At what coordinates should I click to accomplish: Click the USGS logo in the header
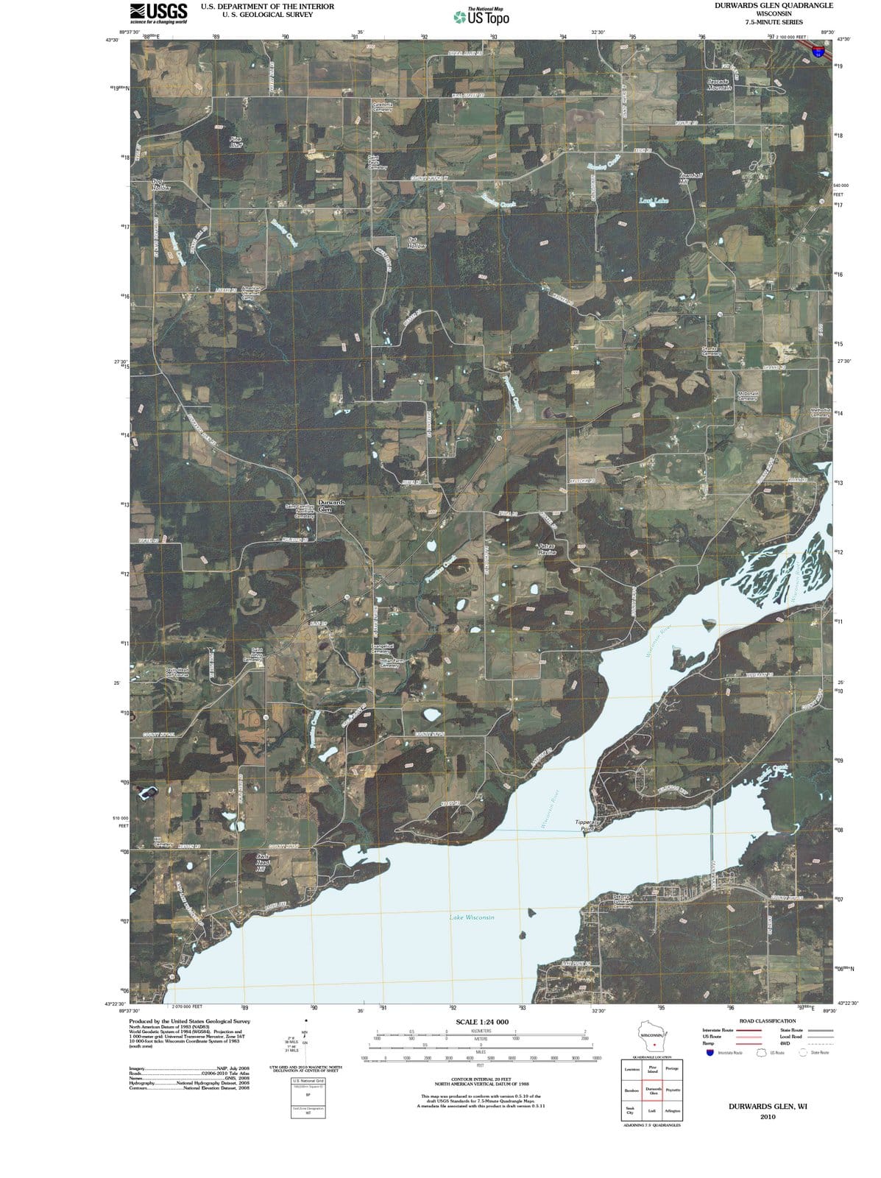point(158,13)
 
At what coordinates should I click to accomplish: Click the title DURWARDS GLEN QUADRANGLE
point(774,6)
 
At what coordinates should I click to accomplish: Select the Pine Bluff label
point(235,141)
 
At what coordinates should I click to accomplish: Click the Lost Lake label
point(654,200)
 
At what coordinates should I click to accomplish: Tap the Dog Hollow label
point(160,185)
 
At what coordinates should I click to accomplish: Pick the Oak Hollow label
point(416,242)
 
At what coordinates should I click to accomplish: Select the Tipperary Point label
point(587,825)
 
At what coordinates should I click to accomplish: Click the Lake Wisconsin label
point(472,917)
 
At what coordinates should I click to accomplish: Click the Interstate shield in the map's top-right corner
point(818,51)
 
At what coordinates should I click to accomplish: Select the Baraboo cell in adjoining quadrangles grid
point(631,1090)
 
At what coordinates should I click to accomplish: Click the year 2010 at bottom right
point(768,1117)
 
